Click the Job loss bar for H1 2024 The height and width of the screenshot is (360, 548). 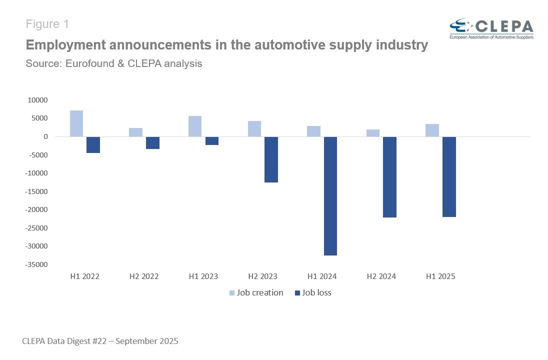pos(330,196)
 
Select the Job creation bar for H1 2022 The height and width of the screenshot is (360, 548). pos(76,123)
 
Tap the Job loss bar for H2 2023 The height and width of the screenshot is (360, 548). pos(271,159)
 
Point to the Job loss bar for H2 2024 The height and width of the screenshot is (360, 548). pos(389,177)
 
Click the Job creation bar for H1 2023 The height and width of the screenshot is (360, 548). pos(195,126)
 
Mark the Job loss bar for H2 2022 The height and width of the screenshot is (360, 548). pos(152,143)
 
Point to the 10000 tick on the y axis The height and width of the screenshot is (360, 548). pos(37,100)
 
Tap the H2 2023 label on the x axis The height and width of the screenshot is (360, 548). pos(262,276)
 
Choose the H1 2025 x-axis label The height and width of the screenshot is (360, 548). pos(440,276)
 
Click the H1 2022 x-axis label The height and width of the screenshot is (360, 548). pos(84,276)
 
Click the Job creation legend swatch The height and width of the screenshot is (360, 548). pos(232,293)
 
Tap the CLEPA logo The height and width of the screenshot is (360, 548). pos(491,29)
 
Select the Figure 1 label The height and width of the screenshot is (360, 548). pos(47,24)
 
